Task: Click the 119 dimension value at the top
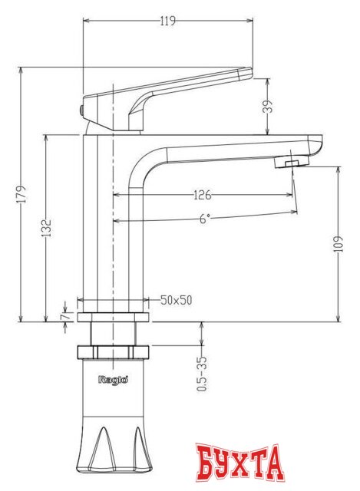tap(167, 21)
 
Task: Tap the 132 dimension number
tap(47, 228)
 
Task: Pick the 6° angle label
tap(204, 219)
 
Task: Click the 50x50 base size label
tap(177, 300)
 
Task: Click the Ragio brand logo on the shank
tap(113, 378)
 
